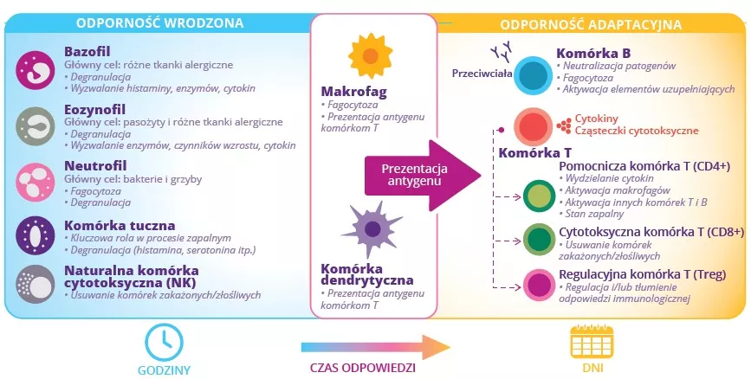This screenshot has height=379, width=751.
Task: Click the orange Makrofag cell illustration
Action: [x=370, y=57]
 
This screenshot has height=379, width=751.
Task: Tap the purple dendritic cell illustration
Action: [x=371, y=229]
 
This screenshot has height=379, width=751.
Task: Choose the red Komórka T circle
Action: [x=534, y=127]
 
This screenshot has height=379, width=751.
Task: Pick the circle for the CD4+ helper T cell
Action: [x=540, y=196]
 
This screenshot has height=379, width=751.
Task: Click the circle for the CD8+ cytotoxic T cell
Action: [x=540, y=238]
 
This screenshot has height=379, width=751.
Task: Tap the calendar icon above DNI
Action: [x=586, y=343]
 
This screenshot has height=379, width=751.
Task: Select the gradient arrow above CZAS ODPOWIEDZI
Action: [x=375, y=347]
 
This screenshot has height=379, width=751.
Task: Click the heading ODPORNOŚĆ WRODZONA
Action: [x=159, y=22]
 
